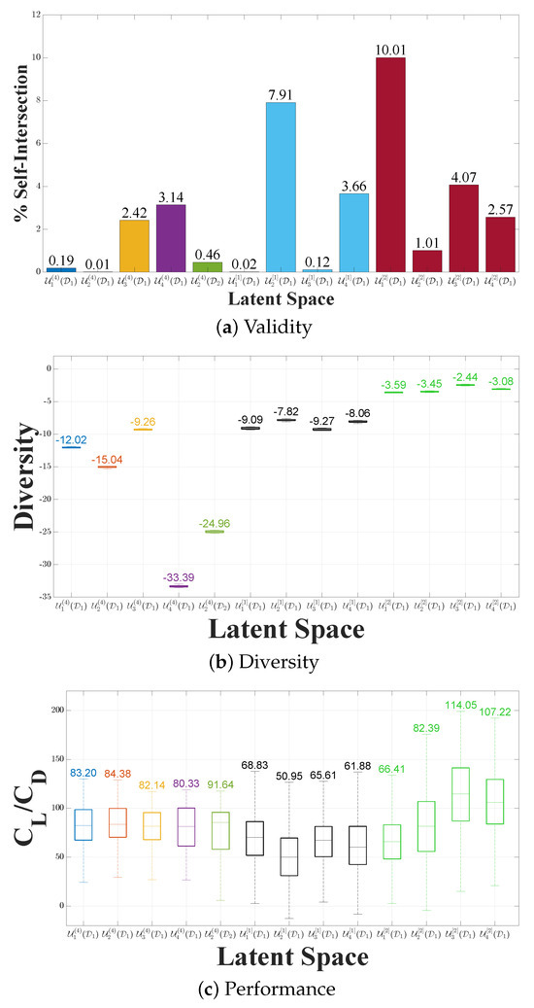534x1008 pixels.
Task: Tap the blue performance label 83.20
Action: (82, 744)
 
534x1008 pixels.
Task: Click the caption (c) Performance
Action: (267, 990)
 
